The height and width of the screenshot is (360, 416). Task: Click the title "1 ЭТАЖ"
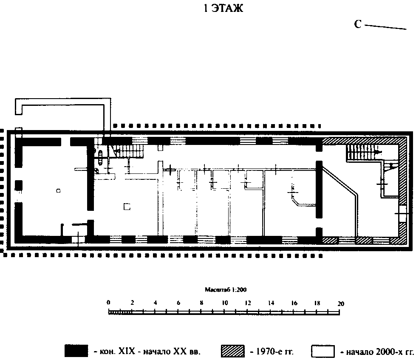(x=223, y=8)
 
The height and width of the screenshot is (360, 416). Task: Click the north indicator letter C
(x=358, y=24)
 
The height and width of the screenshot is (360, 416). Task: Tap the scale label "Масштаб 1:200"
(x=226, y=290)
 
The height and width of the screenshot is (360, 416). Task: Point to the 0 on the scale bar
(x=108, y=303)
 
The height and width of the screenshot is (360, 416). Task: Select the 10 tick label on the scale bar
(x=225, y=303)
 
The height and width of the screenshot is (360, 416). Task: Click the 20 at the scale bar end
(x=341, y=304)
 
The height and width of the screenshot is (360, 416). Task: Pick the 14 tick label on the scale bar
(x=271, y=303)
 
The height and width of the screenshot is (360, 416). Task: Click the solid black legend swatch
(x=76, y=351)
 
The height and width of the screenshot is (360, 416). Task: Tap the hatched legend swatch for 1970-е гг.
(x=233, y=351)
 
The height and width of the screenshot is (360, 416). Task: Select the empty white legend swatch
(x=323, y=351)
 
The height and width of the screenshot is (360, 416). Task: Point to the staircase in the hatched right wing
(x=364, y=153)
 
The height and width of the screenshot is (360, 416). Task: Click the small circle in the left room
(x=58, y=190)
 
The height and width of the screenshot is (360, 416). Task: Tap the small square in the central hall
(x=127, y=207)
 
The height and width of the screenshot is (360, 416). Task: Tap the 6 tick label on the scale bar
(x=178, y=303)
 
